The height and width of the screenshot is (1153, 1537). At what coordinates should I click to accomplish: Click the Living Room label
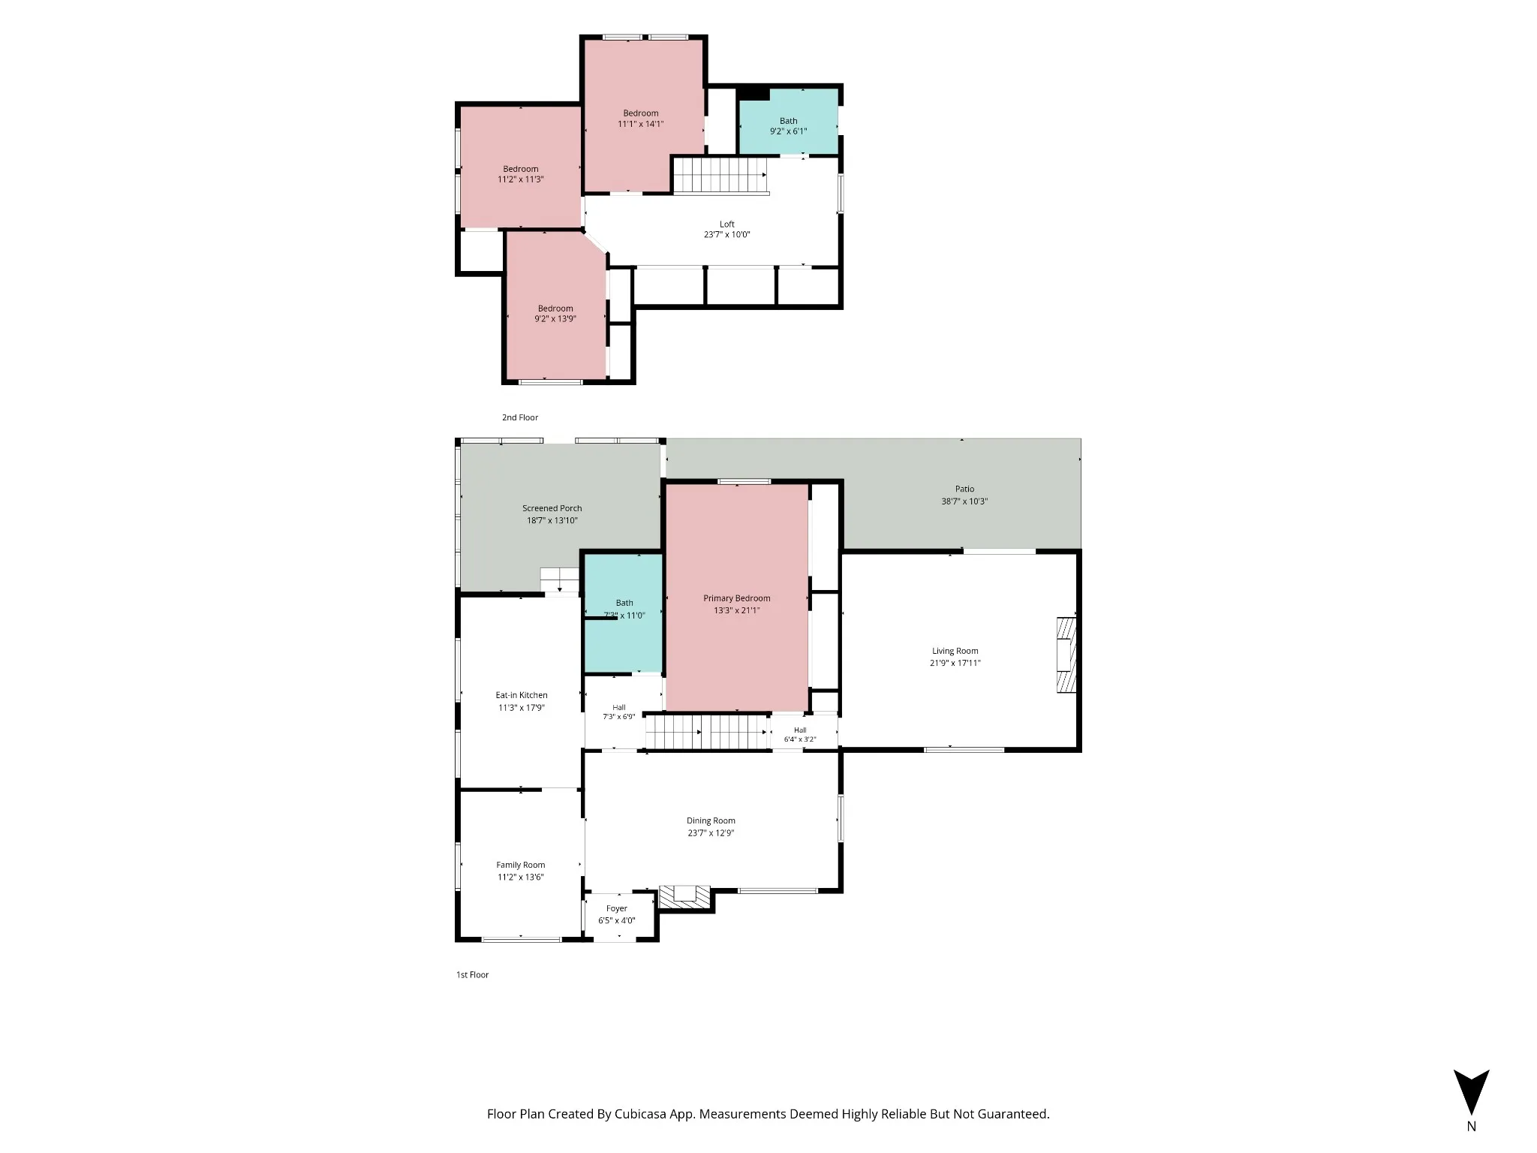[x=955, y=651]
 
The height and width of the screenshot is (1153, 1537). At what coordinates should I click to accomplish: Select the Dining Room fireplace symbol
[x=684, y=898]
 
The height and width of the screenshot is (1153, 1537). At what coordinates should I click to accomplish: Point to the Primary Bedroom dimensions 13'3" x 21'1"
[x=737, y=610]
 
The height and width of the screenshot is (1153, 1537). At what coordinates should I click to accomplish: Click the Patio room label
[x=964, y=489]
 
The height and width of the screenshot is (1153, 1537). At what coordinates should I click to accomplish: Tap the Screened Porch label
[x=552, y=508]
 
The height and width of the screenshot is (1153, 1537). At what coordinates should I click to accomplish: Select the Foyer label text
[x=617, y=908]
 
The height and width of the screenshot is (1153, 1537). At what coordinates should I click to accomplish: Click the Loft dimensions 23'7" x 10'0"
[x=727, y=234]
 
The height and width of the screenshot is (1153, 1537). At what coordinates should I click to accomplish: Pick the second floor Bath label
[x=789, y=120]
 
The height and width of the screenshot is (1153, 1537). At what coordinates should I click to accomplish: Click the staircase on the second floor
[x=720, y=176]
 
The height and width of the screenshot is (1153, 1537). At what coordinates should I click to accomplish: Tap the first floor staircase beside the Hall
[x=707, y=732]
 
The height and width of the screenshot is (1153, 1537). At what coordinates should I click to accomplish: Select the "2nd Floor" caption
[x=520, y=417]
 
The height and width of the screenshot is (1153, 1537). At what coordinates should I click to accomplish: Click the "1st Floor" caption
[x=473, y=974]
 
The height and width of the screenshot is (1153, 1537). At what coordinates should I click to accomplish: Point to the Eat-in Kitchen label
[x=522, y=695]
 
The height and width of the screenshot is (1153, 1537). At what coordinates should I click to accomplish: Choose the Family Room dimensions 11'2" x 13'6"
[x=520, y=877]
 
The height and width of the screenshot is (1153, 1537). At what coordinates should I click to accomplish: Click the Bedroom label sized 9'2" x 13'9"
[x=555, y=308]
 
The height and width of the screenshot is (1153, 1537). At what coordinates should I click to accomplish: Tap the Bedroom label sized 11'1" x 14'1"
[x=641, y=113]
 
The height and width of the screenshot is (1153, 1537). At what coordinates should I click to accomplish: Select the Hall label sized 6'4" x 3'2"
[x=800, y=730]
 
